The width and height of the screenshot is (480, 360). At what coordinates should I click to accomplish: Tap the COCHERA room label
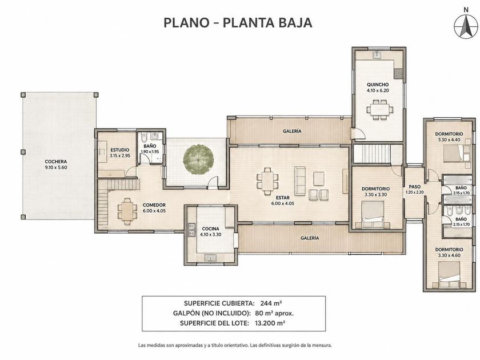[x=56, y=162]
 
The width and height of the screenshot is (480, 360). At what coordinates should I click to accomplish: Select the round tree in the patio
[x=198, y=159]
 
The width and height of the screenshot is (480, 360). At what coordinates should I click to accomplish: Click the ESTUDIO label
[x=119, y=150]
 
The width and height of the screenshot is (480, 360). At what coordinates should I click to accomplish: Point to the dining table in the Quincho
[x=380, y=109]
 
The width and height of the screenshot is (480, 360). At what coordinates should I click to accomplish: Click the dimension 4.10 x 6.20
[x=378, y=91]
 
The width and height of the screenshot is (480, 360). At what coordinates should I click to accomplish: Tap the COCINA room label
[x=211, y=229]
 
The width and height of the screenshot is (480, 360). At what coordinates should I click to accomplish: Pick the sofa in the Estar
[x=300, y=181]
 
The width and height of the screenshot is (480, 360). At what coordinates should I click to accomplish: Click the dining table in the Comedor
[x=127, y=211]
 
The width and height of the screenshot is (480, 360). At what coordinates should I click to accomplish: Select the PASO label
[x=414, y=187]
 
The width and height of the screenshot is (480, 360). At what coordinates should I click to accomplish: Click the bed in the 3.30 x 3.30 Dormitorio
[x=373, y=215]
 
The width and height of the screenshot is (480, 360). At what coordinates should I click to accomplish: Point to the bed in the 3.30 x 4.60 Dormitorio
[x=449, y=275]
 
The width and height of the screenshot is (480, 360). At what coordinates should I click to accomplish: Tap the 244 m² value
[x=271, y=303]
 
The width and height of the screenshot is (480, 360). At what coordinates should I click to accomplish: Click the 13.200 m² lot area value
[x=270, y=323]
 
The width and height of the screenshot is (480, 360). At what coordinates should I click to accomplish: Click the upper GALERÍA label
[x=292, y=131]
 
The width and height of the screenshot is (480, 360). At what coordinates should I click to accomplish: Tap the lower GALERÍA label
[x=310, y=238]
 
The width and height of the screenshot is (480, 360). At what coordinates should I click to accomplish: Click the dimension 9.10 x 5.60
[x=56, y=167]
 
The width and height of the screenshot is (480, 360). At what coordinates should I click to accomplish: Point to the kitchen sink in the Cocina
[x=210, y=258]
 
